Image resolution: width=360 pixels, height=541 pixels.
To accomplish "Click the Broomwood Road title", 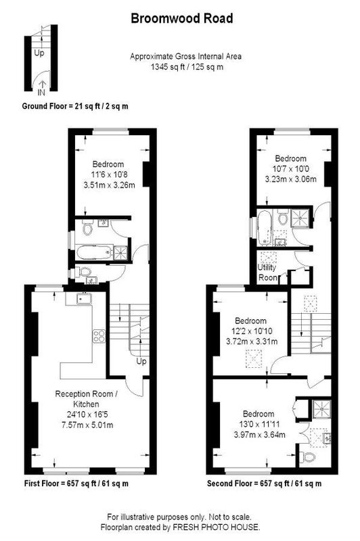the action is point(182,18).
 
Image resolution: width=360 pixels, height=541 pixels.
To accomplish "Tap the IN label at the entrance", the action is point(41,92).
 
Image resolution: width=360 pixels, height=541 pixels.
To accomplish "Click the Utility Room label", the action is point(267,273).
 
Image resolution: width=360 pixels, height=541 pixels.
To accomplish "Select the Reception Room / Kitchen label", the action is point(87,399).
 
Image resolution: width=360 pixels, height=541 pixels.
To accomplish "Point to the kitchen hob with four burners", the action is point(99,336).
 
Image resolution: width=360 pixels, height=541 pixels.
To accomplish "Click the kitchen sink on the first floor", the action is point(83,298).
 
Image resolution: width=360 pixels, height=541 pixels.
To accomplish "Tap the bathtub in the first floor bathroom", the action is point(95,252).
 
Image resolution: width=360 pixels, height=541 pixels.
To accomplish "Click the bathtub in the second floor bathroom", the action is point(265,228).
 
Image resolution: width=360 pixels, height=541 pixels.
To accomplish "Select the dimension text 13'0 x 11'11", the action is point(259,424).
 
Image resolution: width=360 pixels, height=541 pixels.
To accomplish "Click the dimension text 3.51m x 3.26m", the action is point(109,185).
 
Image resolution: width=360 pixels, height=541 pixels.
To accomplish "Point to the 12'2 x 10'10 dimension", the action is point(252,331).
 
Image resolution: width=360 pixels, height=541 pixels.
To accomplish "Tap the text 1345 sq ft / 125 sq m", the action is point(187,66).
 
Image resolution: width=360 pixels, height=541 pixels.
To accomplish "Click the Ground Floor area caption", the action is point(75,106).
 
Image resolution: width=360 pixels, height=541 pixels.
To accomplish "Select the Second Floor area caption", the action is point(264,484).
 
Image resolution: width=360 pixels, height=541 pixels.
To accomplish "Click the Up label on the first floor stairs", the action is point(141,361).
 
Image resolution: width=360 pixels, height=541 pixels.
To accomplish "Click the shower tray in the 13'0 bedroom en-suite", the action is point(321,409).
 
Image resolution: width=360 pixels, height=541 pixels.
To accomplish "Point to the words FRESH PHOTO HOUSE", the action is point(216,527).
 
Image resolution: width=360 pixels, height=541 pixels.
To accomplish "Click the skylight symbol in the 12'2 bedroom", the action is point(254,359).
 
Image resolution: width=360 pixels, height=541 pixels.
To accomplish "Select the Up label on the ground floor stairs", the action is point(39,53).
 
